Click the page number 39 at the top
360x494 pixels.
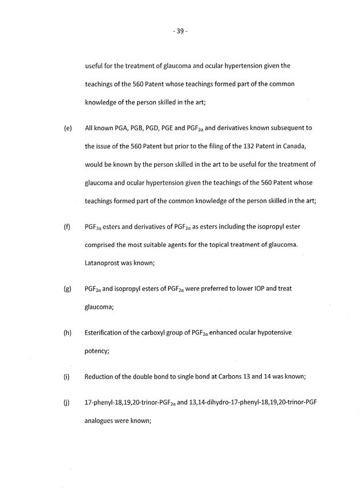[179, 31]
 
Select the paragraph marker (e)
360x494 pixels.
[67, 127]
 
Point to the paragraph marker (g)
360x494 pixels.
[67, 287]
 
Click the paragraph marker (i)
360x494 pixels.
[66, 377]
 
